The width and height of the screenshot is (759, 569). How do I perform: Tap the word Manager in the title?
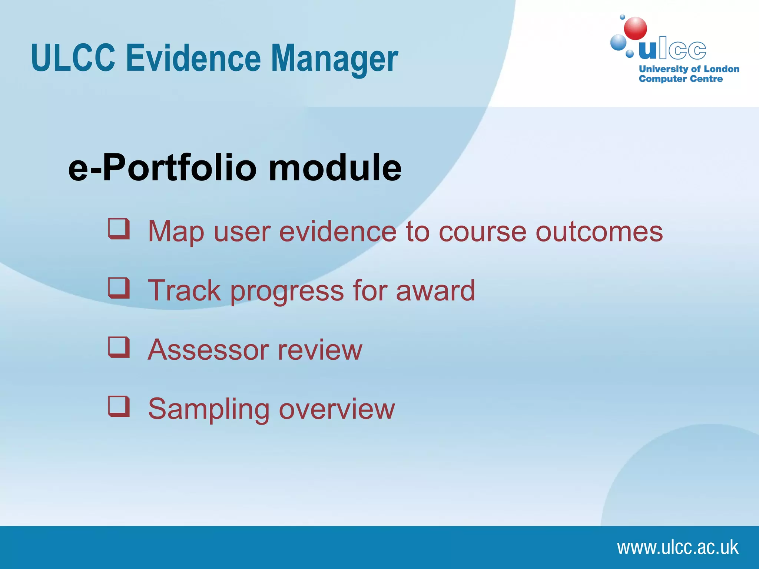[x=334, y=58]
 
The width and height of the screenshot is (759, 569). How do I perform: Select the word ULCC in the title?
[x=73, y=58]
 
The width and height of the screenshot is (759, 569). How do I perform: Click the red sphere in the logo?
[x=635, y=29]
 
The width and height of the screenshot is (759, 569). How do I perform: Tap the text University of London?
[x=689, y=69]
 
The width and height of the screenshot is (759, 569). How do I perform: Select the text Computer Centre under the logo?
[x=680, y=79]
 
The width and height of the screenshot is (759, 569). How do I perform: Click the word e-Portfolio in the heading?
[x=162, y=168]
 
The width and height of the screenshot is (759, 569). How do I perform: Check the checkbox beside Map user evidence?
[x=119, y=229]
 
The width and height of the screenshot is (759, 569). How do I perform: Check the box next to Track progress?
[x=119, y=288]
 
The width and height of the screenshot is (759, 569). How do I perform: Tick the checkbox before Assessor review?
[x=119, y=347]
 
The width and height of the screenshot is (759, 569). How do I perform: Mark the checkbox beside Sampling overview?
[x=119, y=406]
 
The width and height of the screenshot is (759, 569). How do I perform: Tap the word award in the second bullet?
[x=435, y=291]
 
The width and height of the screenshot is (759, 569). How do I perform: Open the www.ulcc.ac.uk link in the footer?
[x=677, y=548]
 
